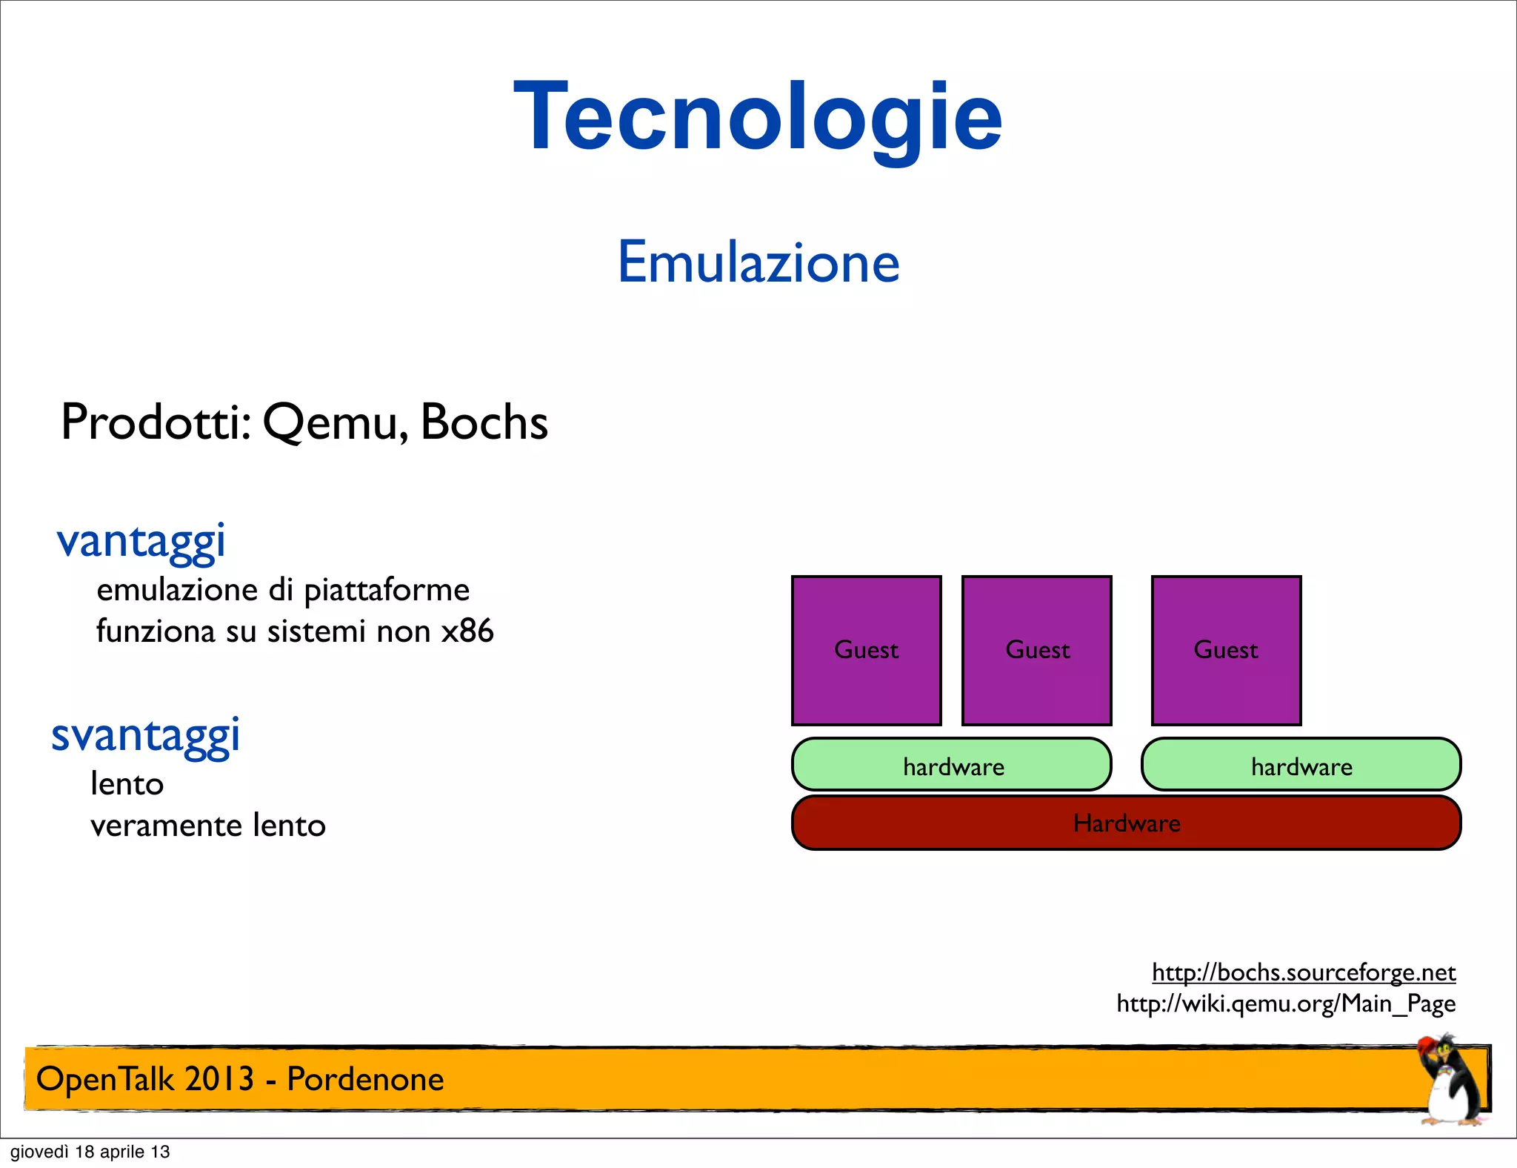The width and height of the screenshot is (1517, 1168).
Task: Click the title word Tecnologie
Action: click(758, 119)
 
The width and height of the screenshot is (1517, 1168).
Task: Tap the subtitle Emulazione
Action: click(758, 262)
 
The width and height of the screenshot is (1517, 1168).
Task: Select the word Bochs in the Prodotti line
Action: click(484, 422)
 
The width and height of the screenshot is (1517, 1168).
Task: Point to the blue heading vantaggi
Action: click(141, 542)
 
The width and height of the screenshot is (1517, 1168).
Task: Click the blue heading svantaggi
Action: click(145, 736)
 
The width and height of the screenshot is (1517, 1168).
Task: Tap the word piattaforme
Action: click(387, 591)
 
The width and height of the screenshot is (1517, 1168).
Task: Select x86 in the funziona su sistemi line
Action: click(467, 631)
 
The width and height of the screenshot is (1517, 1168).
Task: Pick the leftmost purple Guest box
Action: click(866, 650)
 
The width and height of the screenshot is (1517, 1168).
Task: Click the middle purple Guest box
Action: click(1036, 650)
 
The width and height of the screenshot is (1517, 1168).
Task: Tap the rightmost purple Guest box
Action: click(1226, 650)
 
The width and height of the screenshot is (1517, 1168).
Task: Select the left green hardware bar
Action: click(952, 765)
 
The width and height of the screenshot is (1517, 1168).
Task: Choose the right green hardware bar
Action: click(1301, 765)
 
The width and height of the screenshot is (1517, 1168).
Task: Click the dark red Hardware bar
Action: click(1126, 823)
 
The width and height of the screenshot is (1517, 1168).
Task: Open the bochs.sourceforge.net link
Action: click(1304, 972)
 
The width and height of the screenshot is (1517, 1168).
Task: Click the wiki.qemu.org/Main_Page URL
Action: click(1286, 1003)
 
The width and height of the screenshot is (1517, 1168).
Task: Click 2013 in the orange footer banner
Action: click(219, 1079)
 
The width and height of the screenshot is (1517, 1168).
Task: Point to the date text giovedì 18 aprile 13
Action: click(90, 1152)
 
